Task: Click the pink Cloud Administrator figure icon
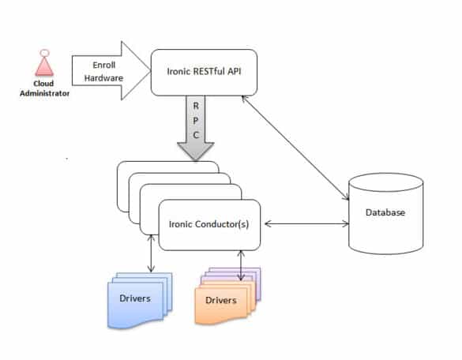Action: pos(44,63)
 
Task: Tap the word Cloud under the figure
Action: pos(43,84)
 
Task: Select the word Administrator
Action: pos(44,93)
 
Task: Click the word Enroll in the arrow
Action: pos(104,65)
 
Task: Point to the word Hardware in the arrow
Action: pos(103,78)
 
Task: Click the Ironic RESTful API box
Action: pos(204,73)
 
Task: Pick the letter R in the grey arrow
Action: pos(196,106)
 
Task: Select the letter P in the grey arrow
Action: pos(196,120)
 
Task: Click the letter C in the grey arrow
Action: pos(196,135)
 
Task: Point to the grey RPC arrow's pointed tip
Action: pos(196,160)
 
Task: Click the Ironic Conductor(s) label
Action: pos(209,224)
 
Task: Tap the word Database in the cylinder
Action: pos(385,212)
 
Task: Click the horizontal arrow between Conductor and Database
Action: pos(306,224)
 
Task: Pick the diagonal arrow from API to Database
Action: pos(295,148)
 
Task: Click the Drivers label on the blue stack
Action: pos(135,298)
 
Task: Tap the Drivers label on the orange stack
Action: pos(221,300)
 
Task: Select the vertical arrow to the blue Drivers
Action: pos(151,253)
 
